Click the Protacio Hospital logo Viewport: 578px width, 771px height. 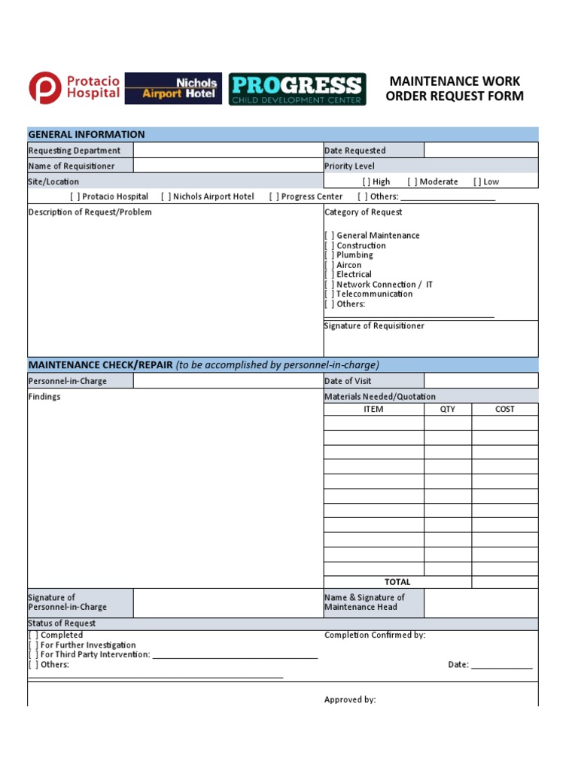pos(75,88)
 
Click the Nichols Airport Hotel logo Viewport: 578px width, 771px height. pos(173,88)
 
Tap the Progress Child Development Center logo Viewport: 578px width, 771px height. pos(297,89)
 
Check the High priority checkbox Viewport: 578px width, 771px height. pos(366,181)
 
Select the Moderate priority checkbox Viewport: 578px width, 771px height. pos(412,181)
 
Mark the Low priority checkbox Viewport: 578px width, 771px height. pos(477,181)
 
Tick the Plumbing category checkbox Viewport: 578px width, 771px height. pos(330,255)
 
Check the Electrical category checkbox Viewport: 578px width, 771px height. pos(330,275)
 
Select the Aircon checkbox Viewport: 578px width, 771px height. pos(330,265)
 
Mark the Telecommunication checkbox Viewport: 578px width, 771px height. pos(330,294)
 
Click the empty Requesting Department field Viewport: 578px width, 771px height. pos(228,151)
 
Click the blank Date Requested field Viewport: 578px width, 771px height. pos(481,151)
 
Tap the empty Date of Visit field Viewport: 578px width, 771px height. pos(481,381)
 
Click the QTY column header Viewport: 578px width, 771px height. pos(448,410)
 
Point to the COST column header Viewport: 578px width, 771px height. pos(505,410)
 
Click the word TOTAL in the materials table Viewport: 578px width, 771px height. pos(397,582)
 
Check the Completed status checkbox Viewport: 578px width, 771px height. pos(33,635)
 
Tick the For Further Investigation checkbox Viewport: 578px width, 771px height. pos(33,645)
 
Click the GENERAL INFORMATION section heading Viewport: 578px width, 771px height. pos(87,135)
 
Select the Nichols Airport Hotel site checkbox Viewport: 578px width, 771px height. pos(166,197)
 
